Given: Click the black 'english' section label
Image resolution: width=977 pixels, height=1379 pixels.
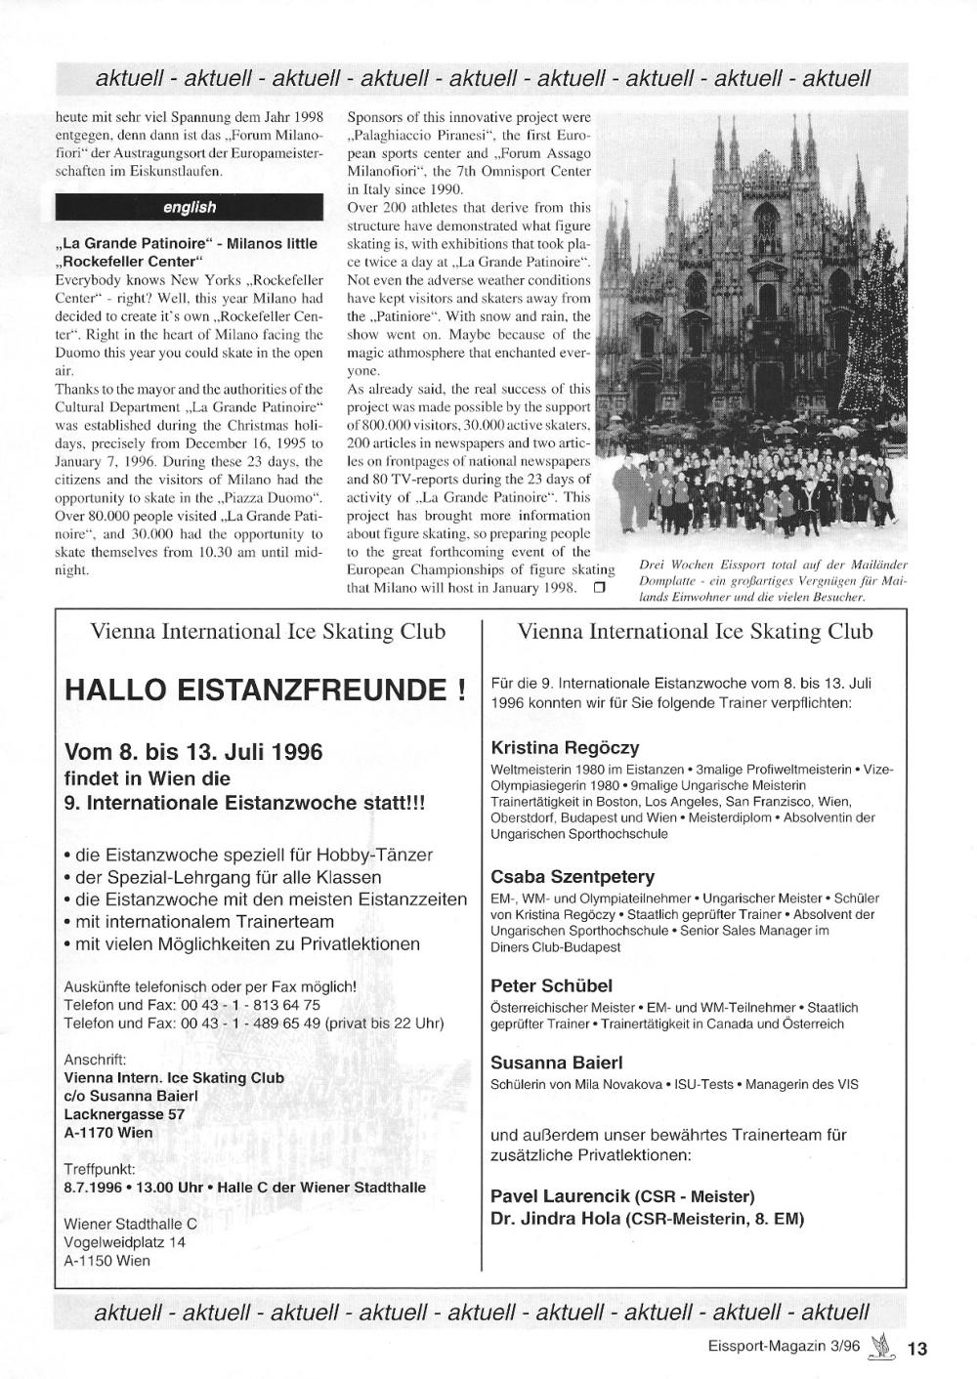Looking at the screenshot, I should tap(190, 207).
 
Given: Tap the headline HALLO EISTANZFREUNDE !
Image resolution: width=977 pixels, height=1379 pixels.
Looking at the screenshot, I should tap(264, 690).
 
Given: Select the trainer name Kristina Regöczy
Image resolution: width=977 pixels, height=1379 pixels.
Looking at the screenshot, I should tap(565, 748).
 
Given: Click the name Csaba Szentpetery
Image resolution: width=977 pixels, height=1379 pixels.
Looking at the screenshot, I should tap(573, 877).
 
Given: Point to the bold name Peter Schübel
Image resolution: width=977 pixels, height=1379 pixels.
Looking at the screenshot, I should tap(551, 986).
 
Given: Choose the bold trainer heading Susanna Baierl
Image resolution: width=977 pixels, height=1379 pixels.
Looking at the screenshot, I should tap(556, 1063).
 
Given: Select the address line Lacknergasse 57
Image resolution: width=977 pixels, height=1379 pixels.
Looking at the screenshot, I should tap(124, 1114).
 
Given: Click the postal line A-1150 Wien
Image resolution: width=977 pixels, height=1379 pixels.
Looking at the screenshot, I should tap(106, 1261).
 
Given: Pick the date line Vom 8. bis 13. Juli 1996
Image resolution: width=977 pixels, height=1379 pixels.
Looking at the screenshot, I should tap(192, 753).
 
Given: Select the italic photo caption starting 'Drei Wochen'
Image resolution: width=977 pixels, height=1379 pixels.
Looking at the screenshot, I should tap(773, 580).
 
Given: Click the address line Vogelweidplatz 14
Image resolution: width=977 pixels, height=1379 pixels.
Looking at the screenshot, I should tap(124, 1242).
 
